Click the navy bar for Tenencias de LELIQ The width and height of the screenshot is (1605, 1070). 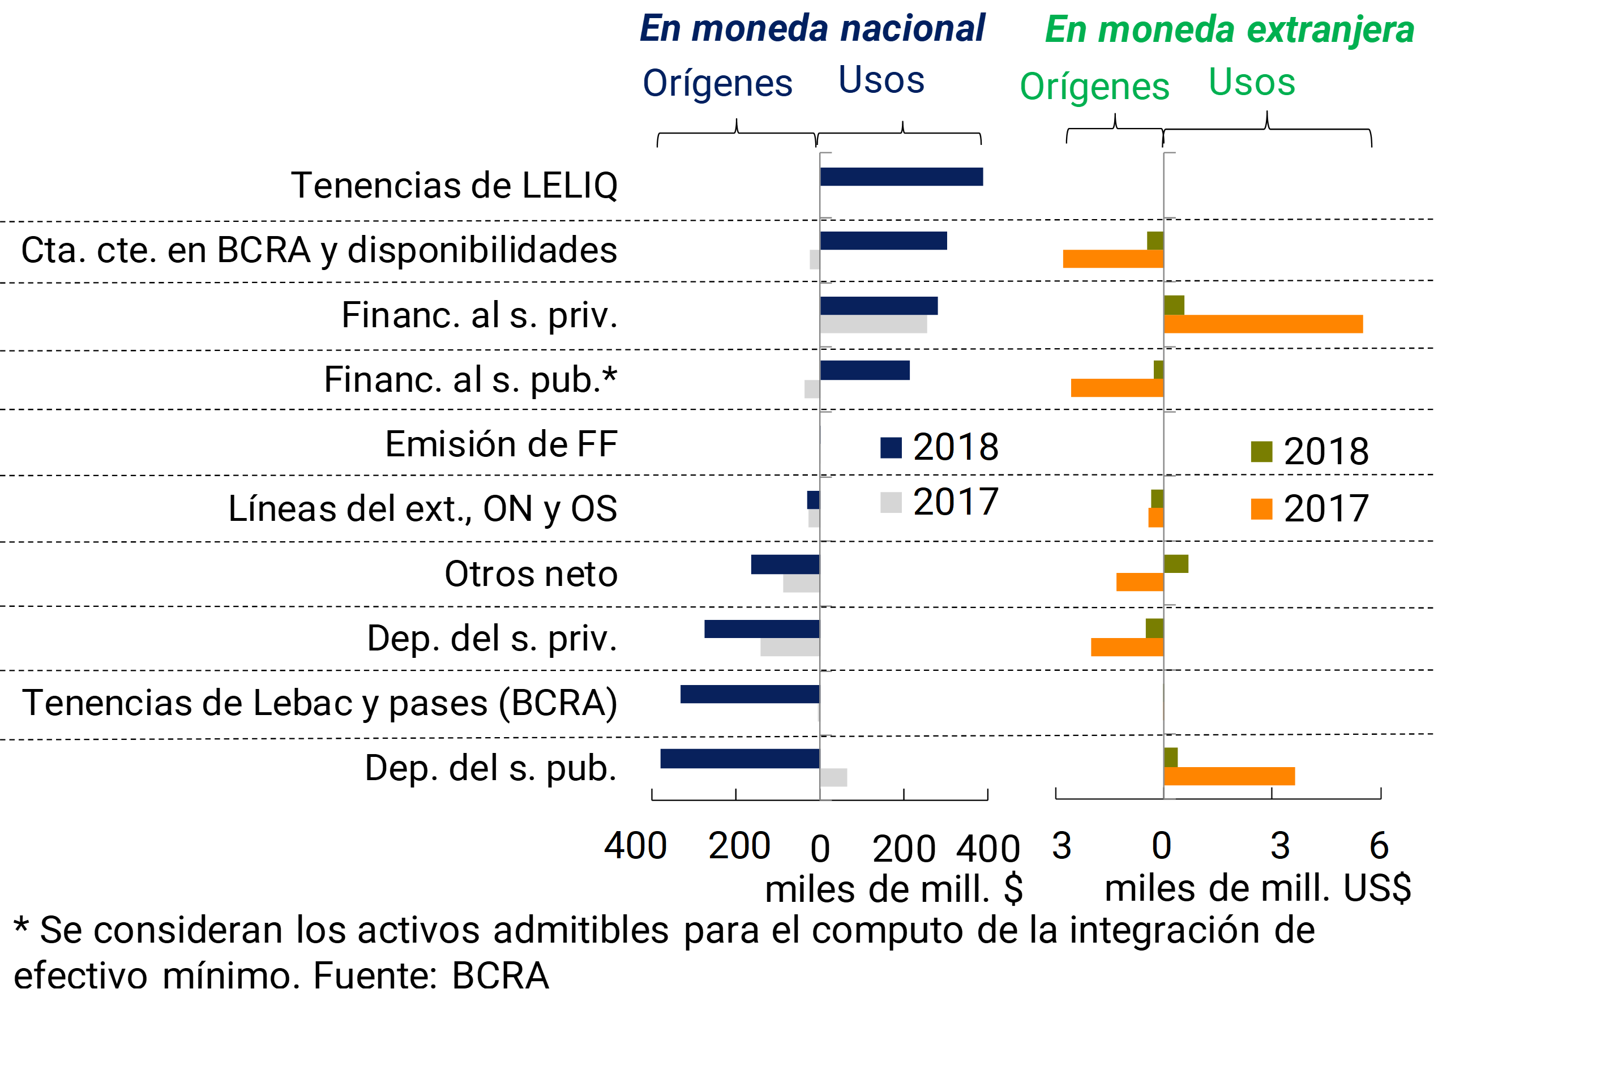coord(901,177)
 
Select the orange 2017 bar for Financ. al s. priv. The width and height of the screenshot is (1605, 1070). coord(1263,324)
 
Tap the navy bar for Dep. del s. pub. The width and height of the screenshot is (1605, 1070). coord(740,759)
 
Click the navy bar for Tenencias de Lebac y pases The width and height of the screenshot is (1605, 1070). coord(750,694)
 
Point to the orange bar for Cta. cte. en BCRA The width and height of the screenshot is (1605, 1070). coord(1113,259)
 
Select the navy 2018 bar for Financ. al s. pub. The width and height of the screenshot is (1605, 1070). coord(864,370)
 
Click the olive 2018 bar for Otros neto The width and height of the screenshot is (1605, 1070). coord(1176,564)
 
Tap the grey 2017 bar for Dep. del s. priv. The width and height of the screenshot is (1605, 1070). coord(790,647)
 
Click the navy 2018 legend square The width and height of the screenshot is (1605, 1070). coord(891,448)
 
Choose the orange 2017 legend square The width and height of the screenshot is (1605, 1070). coord(1261,509)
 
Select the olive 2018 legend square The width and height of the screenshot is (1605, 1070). coord(1261,452)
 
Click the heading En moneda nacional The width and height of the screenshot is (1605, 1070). coord(812,29)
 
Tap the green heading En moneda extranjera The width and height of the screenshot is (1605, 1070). coord(1229,30)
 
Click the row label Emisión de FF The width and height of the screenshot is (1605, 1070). coord(501,444)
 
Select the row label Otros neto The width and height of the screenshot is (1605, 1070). coord(531,574)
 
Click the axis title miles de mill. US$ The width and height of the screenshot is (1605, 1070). coord(1257,888)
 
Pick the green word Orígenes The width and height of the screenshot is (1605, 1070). coord(1094,87)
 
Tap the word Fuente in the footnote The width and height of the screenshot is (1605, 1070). coord(374,976)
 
